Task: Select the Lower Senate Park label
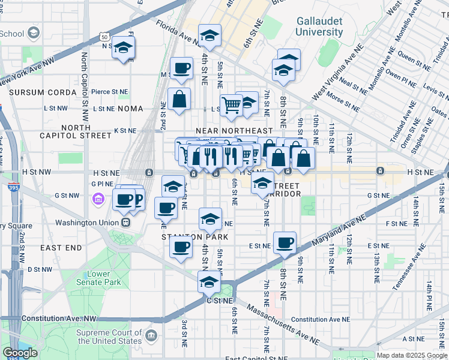click(100, 278)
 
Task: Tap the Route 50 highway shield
click(104, 37)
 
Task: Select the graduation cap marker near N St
click(123, 48)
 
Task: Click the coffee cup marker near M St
click(181, 68)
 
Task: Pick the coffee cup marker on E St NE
click(285, 244)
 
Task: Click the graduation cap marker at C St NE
click(209, 282)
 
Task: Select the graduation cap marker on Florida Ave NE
click(210, 36)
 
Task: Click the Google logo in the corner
click(20, 353)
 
